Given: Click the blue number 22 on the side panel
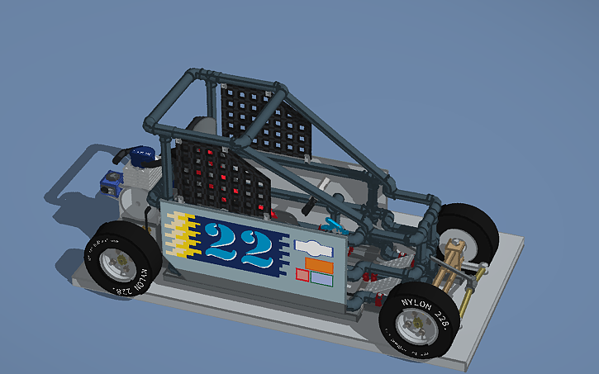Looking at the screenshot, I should (x=239, y=245).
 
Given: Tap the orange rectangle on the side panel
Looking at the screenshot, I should (x=319, y=265).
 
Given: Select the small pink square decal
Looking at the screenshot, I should (x=302, y=274).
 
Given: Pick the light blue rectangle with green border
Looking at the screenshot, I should (x=321, y=279).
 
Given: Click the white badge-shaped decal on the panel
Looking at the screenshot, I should (x=311, y=247).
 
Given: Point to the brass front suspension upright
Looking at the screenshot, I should (x=453, y=256).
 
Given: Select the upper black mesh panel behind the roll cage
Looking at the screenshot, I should (x=262, y=122).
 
